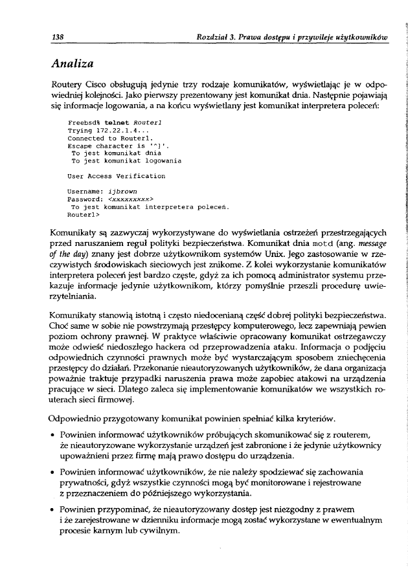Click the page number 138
(57, 38)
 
